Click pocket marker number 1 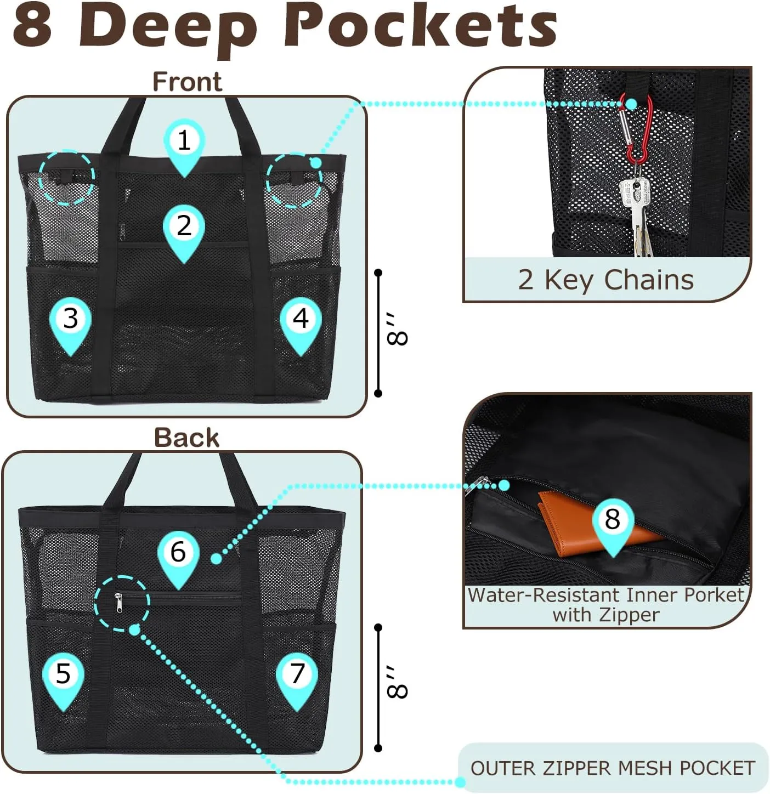(184, 141)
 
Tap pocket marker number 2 (184, 227)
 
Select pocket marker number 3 (70, 320)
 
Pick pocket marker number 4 (301, 320)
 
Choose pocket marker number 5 (63, 674)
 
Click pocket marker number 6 (178, 553)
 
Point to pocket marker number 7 (297, 674)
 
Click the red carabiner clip (636, 132)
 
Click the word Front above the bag (187, 82)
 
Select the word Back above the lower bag (186, 438)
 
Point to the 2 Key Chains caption (605, 280)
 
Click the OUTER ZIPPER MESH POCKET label (613, 768)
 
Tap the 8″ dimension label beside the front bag (397, 330)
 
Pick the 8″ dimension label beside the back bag (397, 683)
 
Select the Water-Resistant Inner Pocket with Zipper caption (605, 604)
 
